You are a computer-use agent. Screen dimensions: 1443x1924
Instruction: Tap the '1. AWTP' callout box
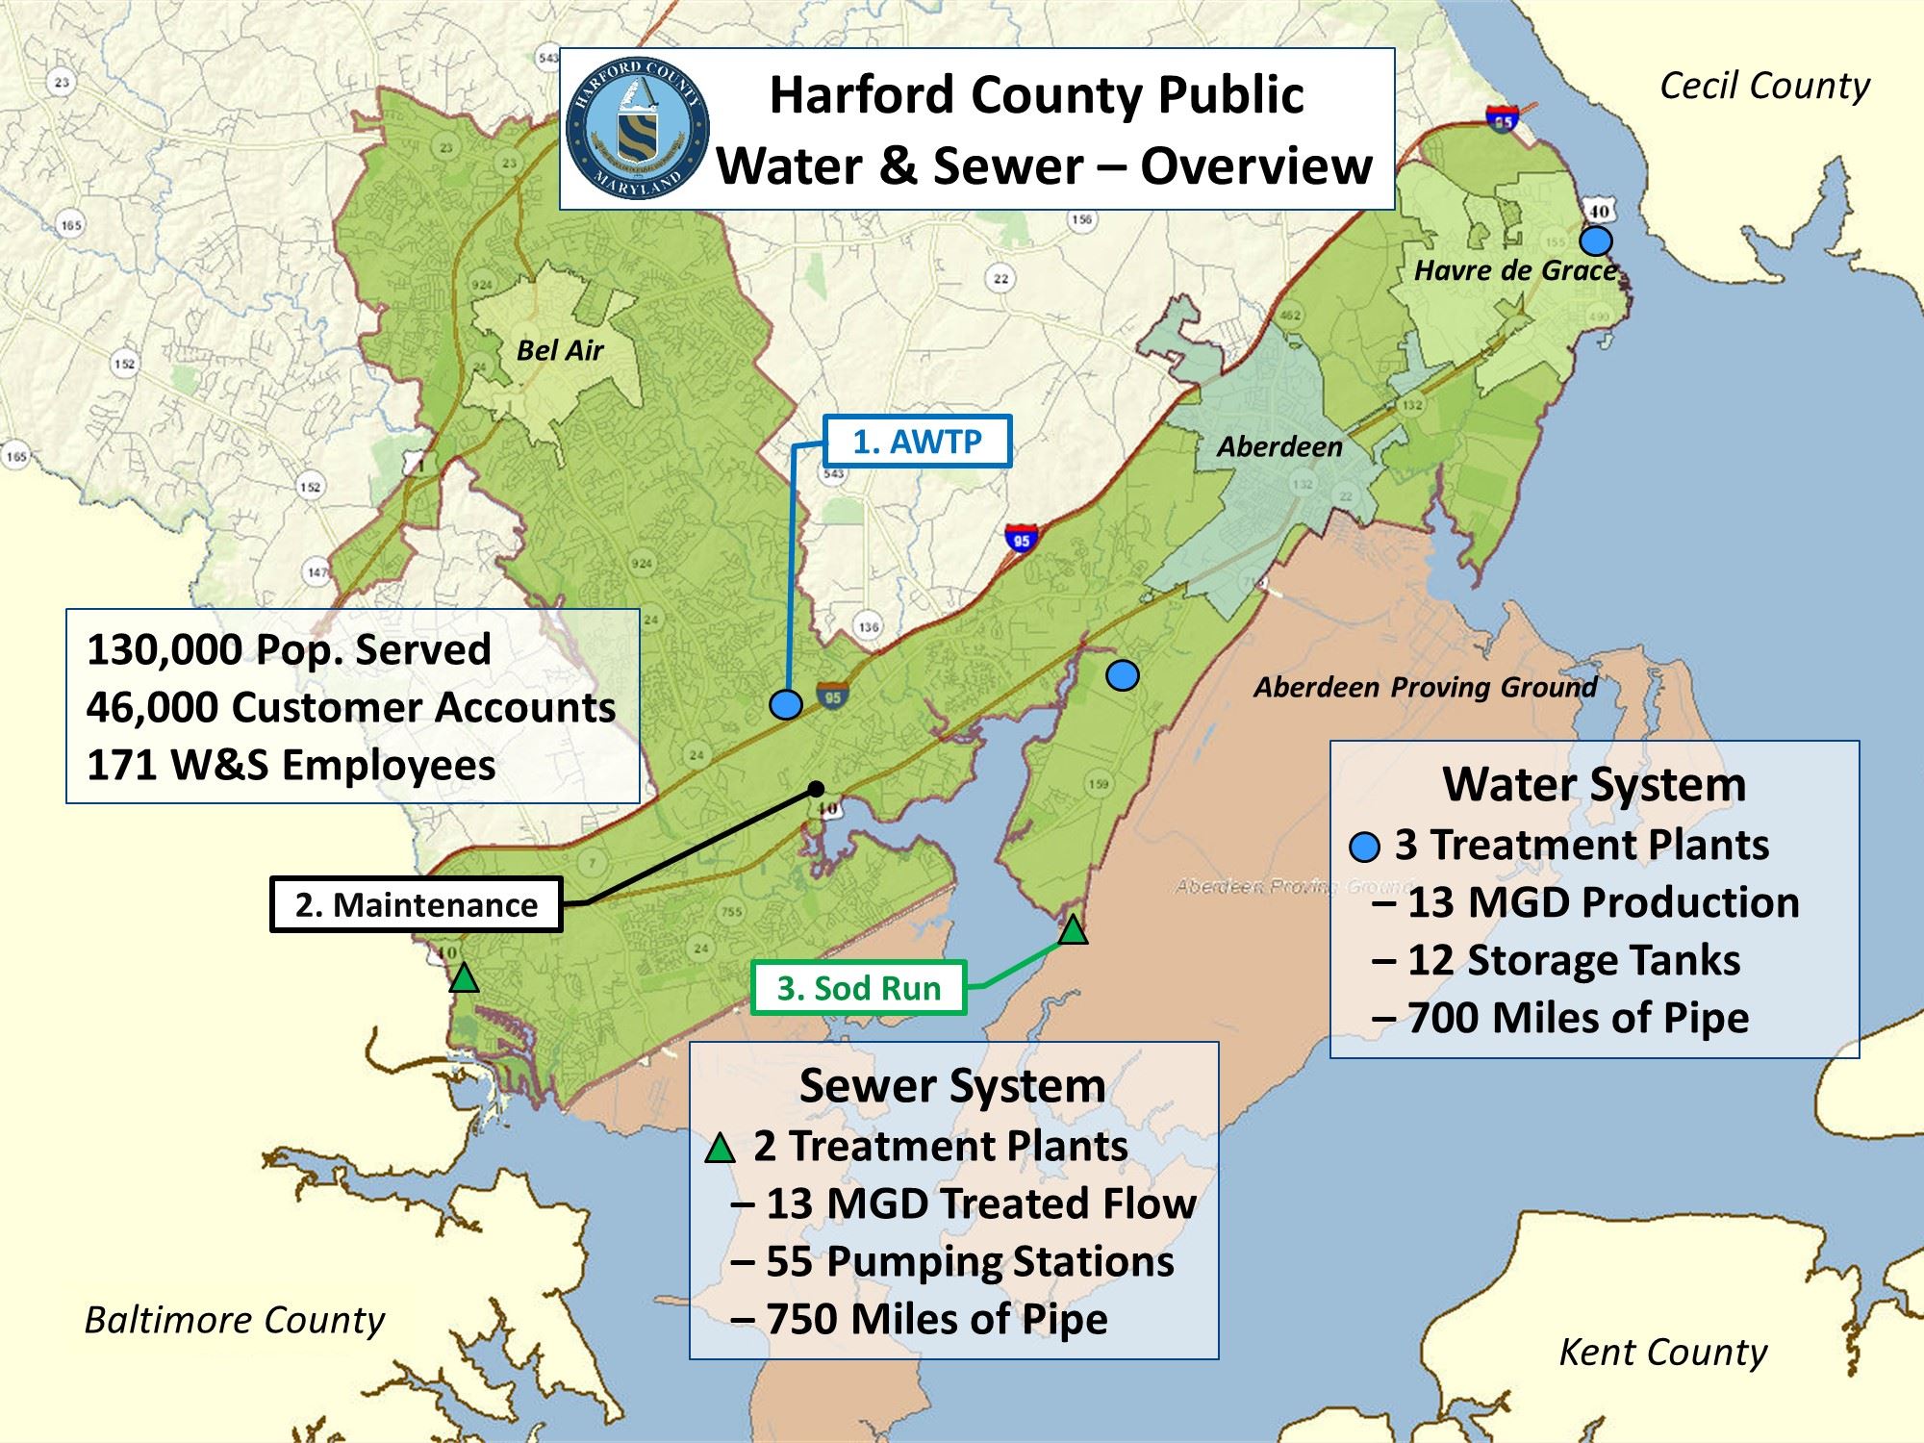(917, 442)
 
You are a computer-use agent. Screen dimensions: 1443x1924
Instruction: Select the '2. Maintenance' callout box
(416, 905)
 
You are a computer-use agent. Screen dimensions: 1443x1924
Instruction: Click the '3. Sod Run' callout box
(858, 988)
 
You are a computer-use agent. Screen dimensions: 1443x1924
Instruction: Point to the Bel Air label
(559, 350)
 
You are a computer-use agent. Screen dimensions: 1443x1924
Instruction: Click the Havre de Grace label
(1514, 270)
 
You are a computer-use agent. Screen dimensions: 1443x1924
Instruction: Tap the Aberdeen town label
(1278, 446)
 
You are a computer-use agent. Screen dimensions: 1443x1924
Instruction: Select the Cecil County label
(1764, 87)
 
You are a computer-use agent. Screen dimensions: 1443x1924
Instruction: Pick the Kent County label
(1662, 1353)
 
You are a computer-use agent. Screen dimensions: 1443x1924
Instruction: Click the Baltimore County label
(235, 1320)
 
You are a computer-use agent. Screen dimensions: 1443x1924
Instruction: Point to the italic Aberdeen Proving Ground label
(1425, 687)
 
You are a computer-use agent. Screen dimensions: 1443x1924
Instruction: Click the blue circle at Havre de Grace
(1597, 240)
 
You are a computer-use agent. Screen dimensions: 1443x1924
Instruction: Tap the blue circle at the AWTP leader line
(786, 705)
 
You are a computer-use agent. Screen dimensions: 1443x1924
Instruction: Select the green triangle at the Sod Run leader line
(1073, 929)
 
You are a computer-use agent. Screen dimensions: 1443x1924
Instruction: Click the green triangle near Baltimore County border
(465, 978)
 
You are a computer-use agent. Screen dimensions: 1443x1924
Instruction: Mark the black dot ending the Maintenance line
(817, 788)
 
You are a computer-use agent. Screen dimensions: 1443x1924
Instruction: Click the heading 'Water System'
(1594, 784)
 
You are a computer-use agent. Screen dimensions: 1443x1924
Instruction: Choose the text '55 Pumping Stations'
(970, 1261)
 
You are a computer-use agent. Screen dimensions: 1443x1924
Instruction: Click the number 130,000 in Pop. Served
(163, 649)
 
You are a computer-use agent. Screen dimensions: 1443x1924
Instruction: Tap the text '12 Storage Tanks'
(1574, 960)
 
